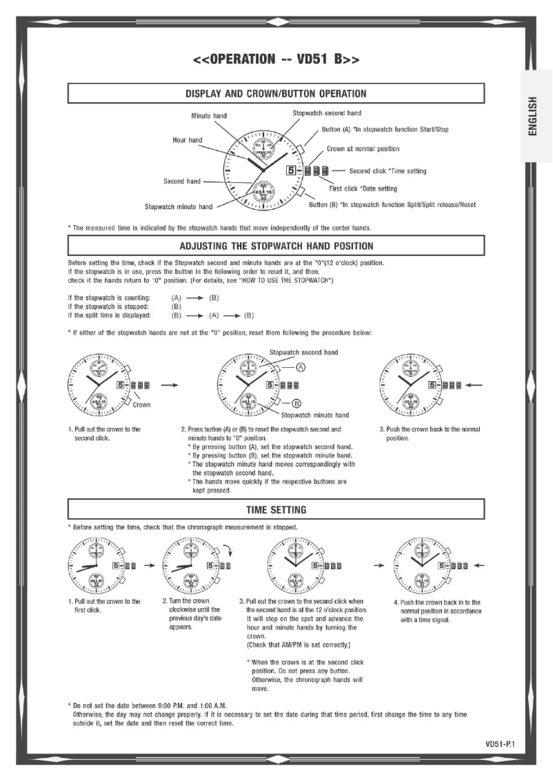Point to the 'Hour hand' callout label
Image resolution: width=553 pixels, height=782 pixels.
coord(187,140)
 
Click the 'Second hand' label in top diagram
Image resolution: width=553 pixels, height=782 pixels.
coord(182,182)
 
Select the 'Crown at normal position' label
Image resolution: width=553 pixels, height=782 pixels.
coord(363,148)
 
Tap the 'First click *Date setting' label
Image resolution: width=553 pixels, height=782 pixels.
coord(364,188)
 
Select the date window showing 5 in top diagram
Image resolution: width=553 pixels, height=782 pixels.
coord(292,170)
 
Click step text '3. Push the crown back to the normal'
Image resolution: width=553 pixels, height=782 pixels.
coord(430,429)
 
